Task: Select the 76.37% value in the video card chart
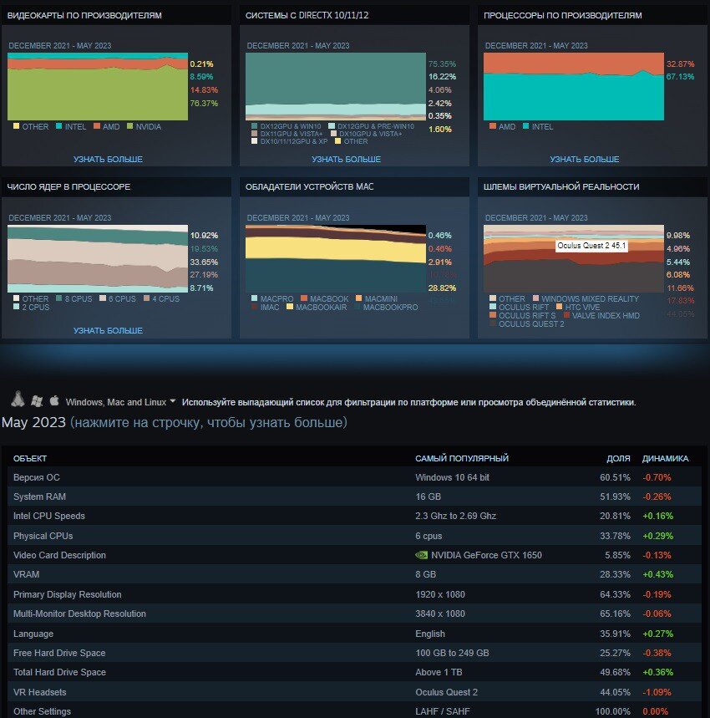(x=204, y=104)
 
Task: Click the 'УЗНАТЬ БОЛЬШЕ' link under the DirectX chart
(x=346, y=159)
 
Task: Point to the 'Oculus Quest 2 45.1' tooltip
(x=591, y=246)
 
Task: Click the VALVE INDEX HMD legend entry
(x=606, y=315)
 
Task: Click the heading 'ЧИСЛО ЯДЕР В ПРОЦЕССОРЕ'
(x=68, y=186)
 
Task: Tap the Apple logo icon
(x=54, y=400)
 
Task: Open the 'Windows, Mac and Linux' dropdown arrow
(x=173, y=401)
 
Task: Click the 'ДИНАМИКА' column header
(x=665, y=458)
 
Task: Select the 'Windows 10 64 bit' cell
(x=452, y=477)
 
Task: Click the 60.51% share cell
(x=615, y=477)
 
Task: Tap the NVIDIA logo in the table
(x=421, y=555)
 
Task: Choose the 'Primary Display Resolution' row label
(x=68, y=594)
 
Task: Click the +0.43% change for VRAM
(x=657, y=575)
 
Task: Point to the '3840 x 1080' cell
(x=439, y=614)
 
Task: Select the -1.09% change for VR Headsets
(x=657, y=692)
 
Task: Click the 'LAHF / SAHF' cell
(x=443, y=711)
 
